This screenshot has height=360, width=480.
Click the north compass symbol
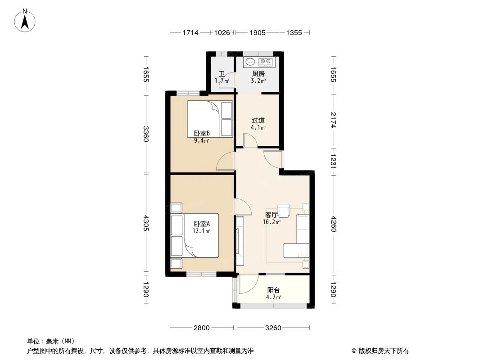coord(25,20)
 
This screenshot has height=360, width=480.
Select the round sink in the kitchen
coord(249,61)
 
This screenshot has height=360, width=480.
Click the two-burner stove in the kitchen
coord(265,61)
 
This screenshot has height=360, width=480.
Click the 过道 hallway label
coord(258,121)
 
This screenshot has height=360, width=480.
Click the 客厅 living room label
coord(272,215)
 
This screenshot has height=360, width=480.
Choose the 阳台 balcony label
coord(273,290)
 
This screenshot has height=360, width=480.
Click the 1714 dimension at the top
coord(190,32)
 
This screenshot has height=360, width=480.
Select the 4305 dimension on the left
coord(145,223)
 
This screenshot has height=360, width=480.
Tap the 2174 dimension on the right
coord(333,120)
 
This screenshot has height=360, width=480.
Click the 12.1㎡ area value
coord(202,231)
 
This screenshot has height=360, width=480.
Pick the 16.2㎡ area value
coord(272,222)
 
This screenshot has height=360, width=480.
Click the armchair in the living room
coord(284,211)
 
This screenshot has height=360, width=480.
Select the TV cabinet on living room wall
coord(240,242)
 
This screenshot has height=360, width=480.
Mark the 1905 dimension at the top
coord(257,32)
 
